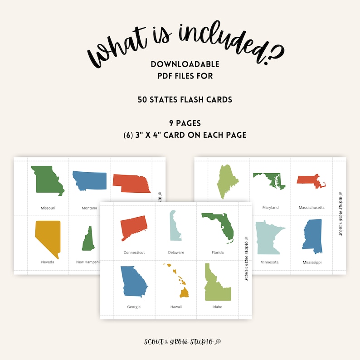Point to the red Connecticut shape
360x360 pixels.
point(133,228)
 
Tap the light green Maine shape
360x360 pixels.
point(229,181)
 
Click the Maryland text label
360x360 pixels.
point(271,208)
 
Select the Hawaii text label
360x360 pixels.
point(176,307)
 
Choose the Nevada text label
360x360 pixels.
point(48,262)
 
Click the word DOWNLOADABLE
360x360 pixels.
point(185,64)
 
